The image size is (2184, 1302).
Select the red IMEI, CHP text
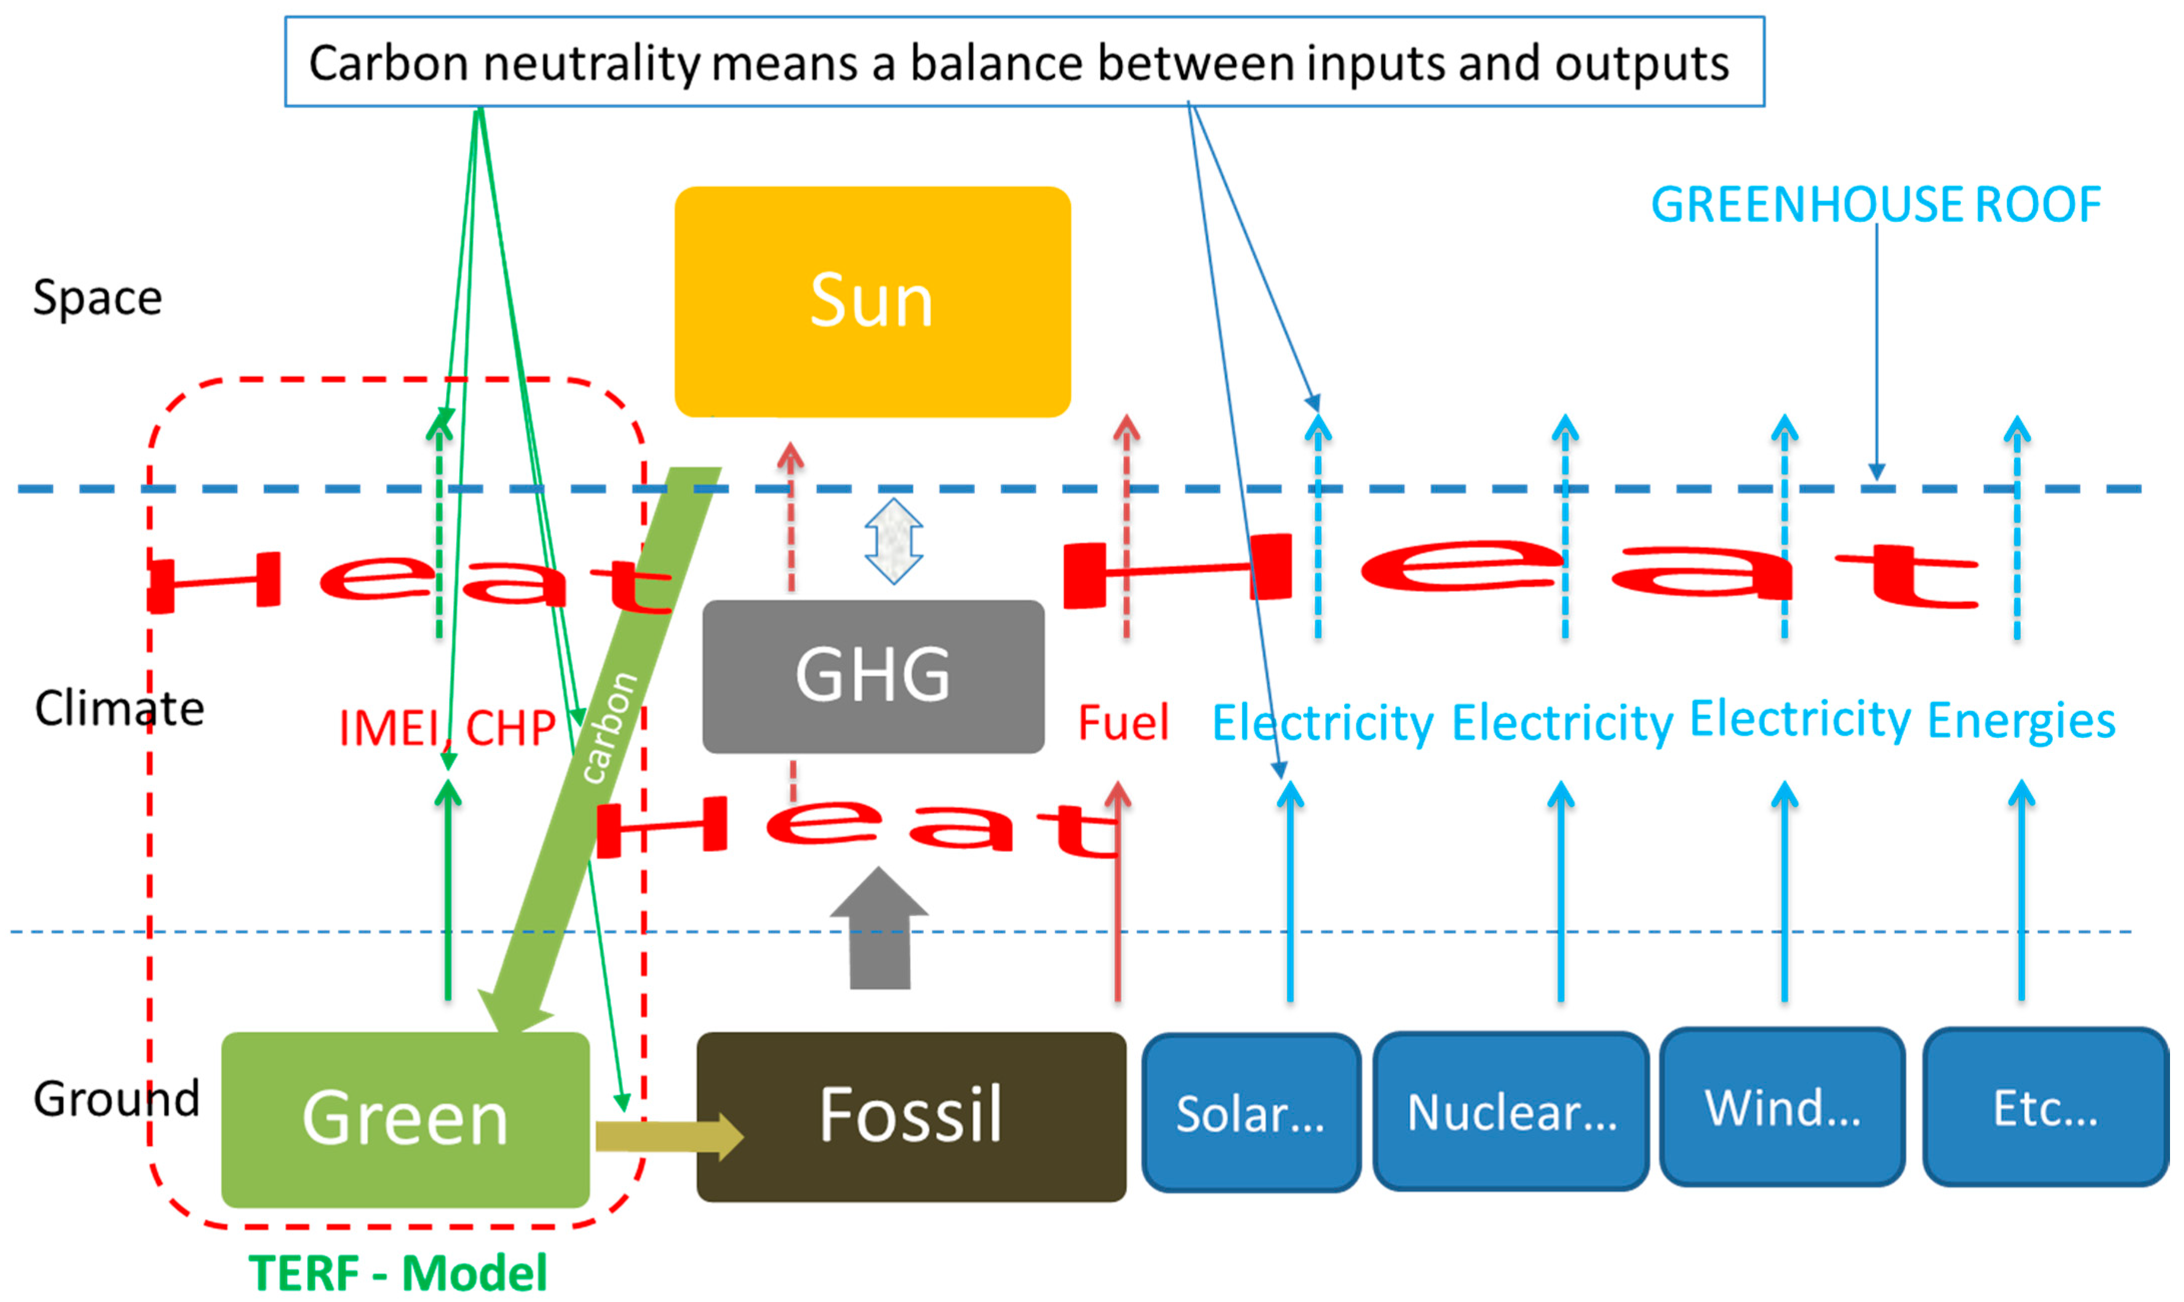click(x=447, y=728)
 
